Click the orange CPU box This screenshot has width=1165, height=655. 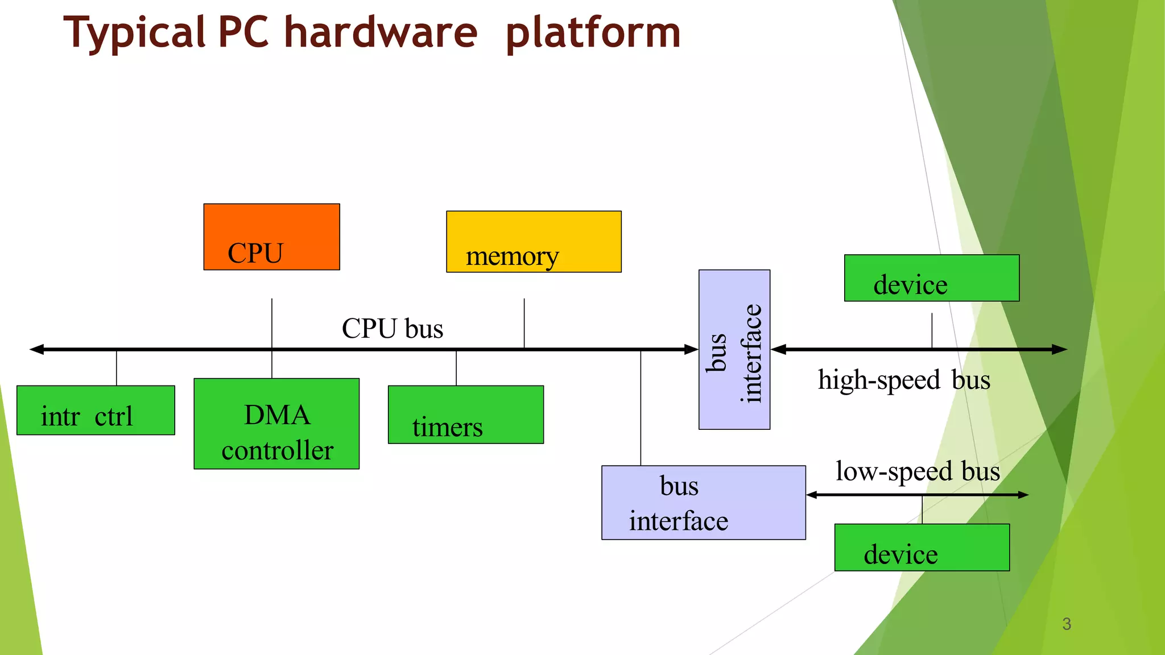tap(271, 237)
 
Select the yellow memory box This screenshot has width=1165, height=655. tap(534, 242)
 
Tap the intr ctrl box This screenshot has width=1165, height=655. tap(96, 411)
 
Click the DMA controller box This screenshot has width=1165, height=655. tap(276, 424)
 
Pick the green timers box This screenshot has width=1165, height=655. tap(465, 414)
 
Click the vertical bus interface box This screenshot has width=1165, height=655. tap(734, 350)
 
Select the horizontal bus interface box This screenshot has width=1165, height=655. tap(703, 503)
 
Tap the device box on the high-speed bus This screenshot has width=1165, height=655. tap(931, 278)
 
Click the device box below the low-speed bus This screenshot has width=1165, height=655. tap(922, 548)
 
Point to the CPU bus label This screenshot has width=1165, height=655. tap(393, 329)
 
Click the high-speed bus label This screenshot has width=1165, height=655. tap(903, 380)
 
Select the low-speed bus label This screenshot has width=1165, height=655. tap(917, 471)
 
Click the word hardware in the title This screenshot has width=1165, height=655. tap(381, 33)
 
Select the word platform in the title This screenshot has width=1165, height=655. tap(593, 33)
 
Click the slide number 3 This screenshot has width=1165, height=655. tap(1067, 624)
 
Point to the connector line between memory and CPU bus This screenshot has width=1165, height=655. tap(524, 323)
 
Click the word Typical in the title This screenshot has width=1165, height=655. tap(134, 33)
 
